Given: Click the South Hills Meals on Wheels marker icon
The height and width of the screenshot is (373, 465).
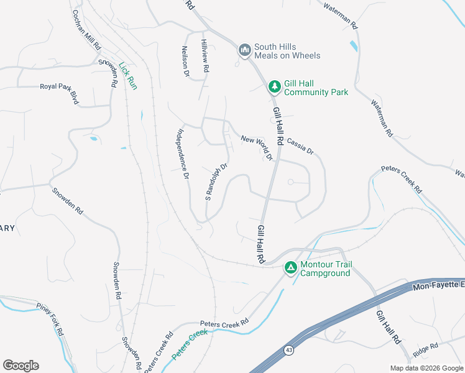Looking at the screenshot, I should pos(244,50).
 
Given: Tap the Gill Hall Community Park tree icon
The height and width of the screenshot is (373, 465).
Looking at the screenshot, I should pos(274,86).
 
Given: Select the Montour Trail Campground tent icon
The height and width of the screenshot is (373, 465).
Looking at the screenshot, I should pos(290,268).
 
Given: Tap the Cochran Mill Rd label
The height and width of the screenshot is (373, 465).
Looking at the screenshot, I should pos(87,29).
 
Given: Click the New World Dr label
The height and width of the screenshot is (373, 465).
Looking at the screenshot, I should pos(257,148).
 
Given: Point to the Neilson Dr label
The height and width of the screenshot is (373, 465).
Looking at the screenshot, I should pos(185,60).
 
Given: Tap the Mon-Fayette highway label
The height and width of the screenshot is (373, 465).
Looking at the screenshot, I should pos(438,284).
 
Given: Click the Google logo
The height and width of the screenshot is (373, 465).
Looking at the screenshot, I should pos(21,366).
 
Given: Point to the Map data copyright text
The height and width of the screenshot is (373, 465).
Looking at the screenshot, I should pos(426,368).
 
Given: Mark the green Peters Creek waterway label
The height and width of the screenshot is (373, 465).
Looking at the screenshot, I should pos(190,344).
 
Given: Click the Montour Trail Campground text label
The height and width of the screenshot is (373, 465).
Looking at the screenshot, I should pos(325,269).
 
